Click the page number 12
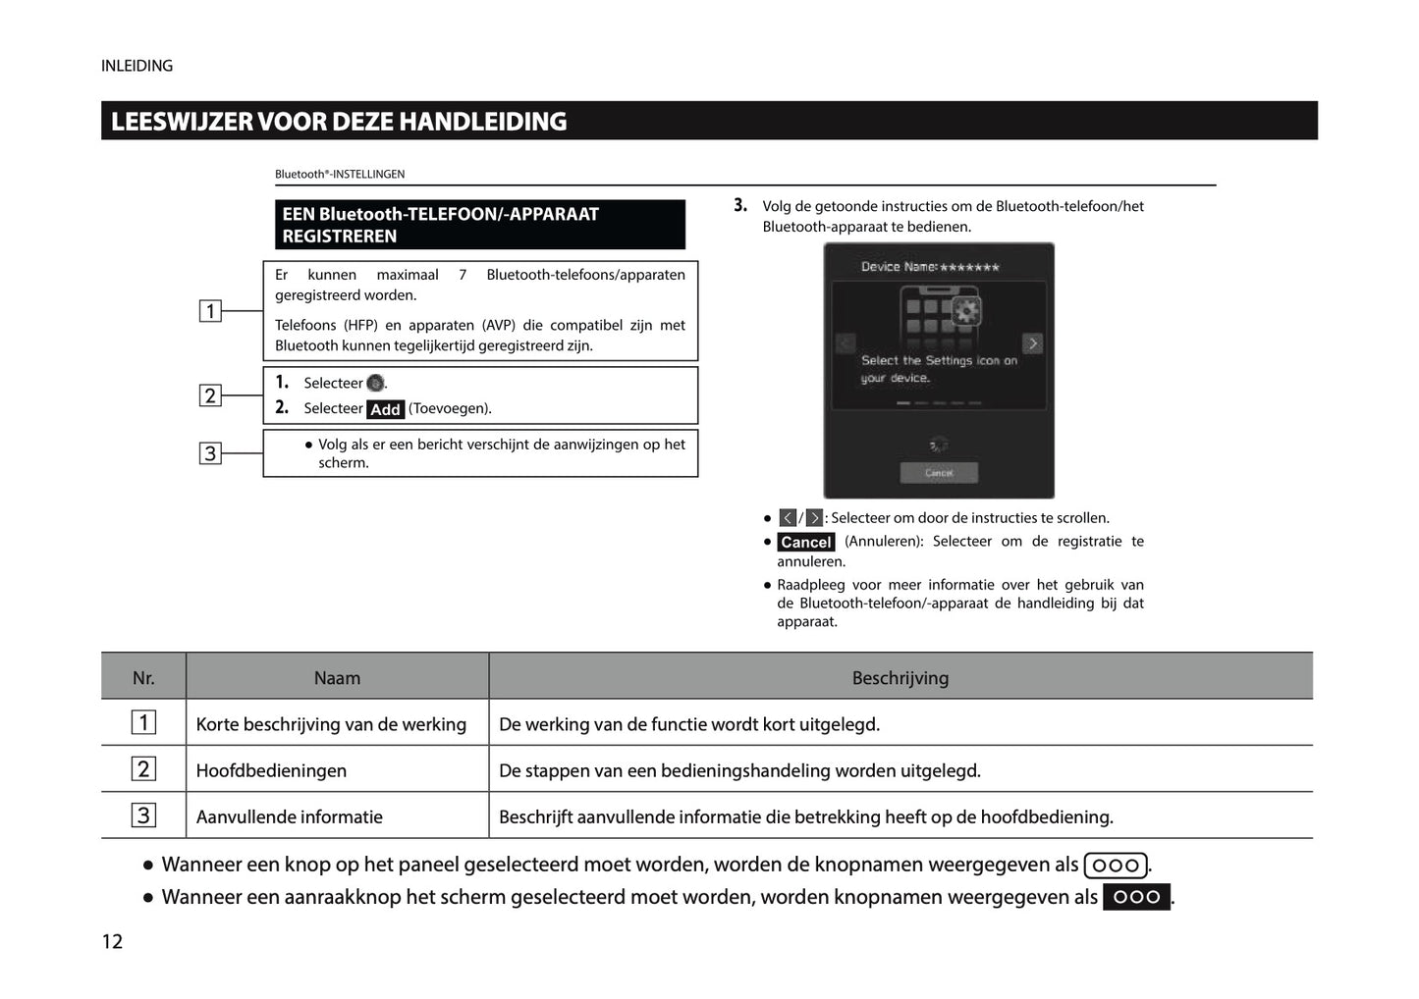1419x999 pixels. click(112, 941)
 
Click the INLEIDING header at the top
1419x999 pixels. click(136, 66)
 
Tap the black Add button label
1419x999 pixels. click(385, 409)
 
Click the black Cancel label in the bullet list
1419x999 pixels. click(805, 542)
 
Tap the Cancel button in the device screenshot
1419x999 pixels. click(938, 473)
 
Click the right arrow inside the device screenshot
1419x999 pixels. click(1032, 343)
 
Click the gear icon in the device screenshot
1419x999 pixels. click(966, 312)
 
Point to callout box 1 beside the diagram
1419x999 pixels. click(210, 311)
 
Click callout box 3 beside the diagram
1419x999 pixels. click(210, 453)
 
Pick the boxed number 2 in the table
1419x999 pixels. click(143, 769)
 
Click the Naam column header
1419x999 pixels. click(337, 677)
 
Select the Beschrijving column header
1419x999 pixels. click(900, 677)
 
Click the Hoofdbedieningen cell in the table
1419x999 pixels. click(271, 770)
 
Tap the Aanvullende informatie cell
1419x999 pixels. click(289, 816)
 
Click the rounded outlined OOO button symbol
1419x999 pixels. click(1116, 865)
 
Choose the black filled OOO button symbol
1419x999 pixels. click(1136, 897)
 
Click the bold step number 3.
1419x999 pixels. click(740, 206)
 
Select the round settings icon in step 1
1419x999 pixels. click(375, 383)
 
